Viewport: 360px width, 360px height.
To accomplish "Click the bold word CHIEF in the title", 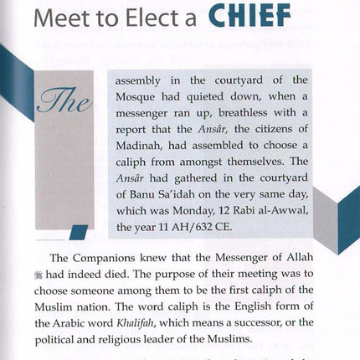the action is point(247,16).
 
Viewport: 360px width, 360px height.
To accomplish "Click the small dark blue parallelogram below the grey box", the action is point(78,232).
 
